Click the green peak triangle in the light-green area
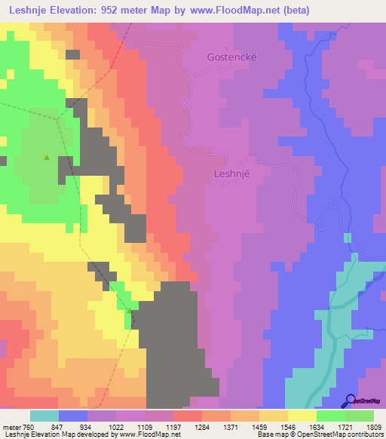[47, 158]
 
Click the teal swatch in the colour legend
[44, 416]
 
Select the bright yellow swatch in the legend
[302, 416]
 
